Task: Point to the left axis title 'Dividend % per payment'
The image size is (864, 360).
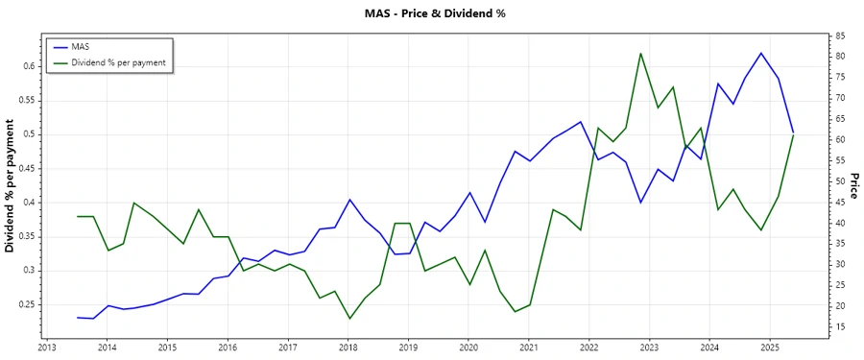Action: (x=11, y=186)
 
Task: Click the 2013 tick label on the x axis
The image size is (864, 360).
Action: (x=46, y=347)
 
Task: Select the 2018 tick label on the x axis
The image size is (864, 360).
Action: (x=348, y=347)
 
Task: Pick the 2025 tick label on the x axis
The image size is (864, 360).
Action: (x=770, y=347)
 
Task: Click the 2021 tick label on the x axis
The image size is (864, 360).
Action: (x=529, y=347)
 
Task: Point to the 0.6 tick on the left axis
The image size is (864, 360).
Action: (x=28, y=66)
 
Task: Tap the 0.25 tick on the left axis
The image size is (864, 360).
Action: (x=25, y=304)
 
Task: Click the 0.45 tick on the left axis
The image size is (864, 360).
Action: (x=25, y=168)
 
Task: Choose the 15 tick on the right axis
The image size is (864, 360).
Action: (x=840, y=327)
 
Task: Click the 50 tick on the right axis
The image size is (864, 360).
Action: (x=840, y=181)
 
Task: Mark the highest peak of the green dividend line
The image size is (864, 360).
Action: (x=640, y=53)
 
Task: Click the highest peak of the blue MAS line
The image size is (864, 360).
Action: (x=761, y=53)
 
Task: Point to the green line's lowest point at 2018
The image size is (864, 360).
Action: (x=349, y=319)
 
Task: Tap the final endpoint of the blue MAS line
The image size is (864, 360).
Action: (x=793, y=132)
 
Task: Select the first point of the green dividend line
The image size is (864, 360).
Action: (x=78, y=216)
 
